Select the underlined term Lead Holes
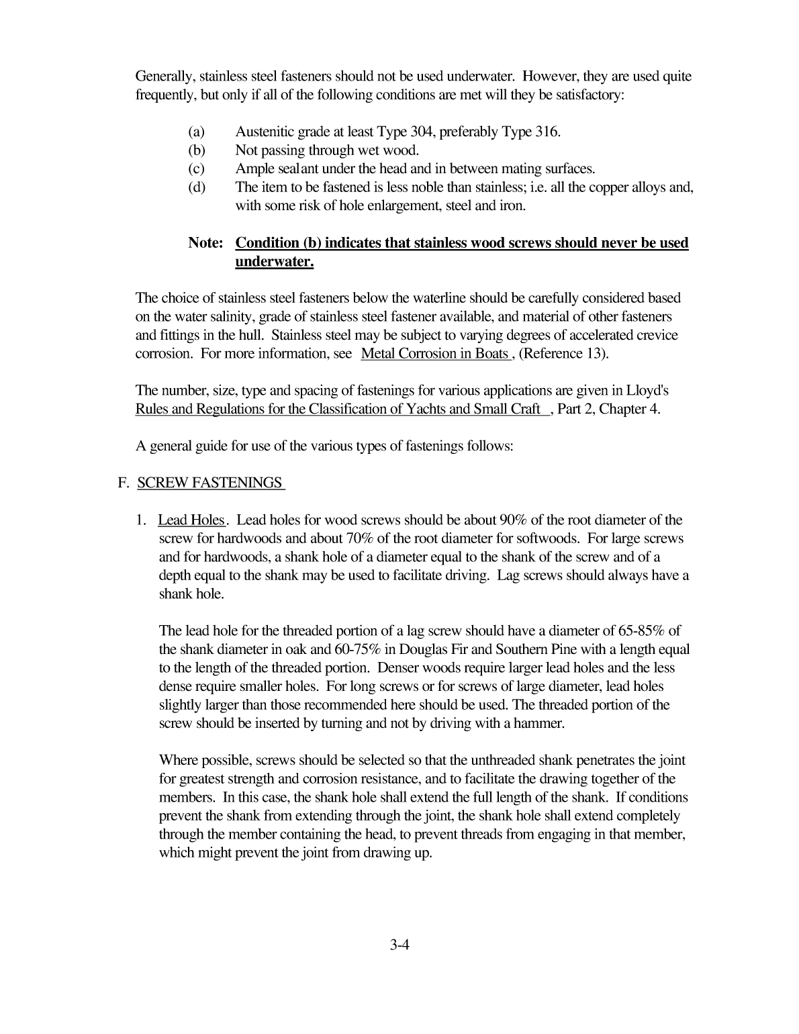pos(191,520)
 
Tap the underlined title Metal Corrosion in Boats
pos(434,354)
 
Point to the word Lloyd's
pos(647,391)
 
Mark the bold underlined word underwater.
pos(274,262)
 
